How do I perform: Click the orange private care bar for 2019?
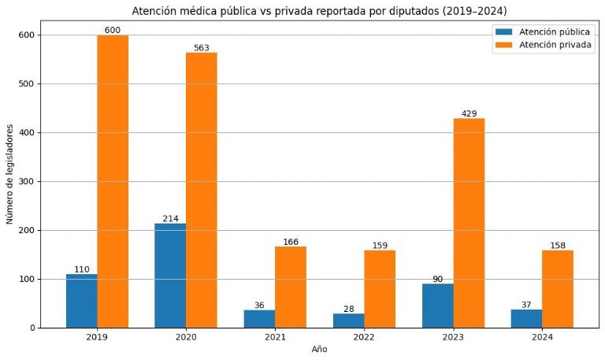113,181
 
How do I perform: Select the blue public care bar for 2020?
170,276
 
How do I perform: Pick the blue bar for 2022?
348,321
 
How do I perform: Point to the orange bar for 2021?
291,287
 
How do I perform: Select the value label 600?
112,30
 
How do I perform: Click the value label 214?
171,218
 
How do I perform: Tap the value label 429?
469,113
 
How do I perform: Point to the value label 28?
348,308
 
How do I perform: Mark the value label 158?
558,245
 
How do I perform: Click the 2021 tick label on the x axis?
275,336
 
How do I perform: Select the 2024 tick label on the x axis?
542,336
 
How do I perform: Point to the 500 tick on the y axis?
24,84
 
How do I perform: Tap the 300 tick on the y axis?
24,182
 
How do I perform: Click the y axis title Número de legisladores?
10,174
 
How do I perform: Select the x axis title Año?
319,350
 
